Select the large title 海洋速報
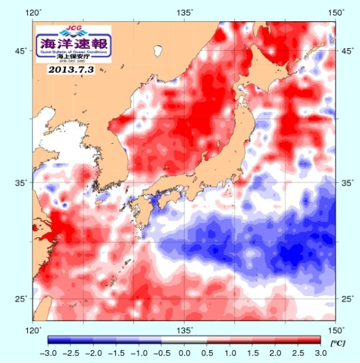pyautogui.click(x=74, y=42)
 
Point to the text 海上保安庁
pyautogui.click(x=74, y=57)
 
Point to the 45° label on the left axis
pyautogui.click(x=20, y=51)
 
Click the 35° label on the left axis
pyautogui.click(x=20, y=182)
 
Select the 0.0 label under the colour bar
pyautogui.click(x=184, y=353)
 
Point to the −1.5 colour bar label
pyautogui.click(x=116, y=353)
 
